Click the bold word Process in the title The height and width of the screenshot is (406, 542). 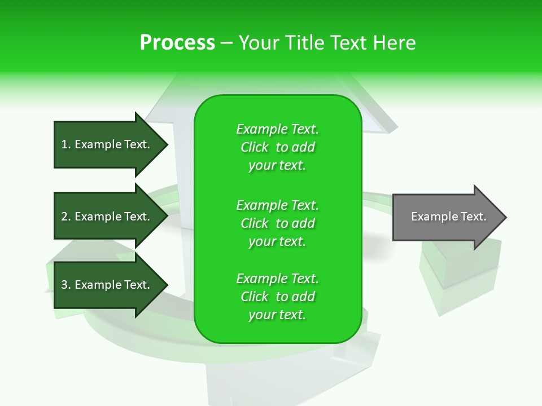coord(177,43)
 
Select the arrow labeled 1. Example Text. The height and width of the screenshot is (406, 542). coord(107,144)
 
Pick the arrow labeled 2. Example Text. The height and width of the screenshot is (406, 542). coord(107,217)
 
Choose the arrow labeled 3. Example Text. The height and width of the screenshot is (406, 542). coord(107,285)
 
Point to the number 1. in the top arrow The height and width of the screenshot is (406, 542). coord(66,144)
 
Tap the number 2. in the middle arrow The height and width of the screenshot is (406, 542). coord(66,217)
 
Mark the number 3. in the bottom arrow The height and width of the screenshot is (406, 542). coord(66,285)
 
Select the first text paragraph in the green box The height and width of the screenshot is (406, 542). coord(277,147)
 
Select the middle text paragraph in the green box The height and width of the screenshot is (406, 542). coord(277,223)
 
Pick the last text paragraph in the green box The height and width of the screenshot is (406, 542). coord(277,297)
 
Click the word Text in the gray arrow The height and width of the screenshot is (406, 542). coord(474,217)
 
